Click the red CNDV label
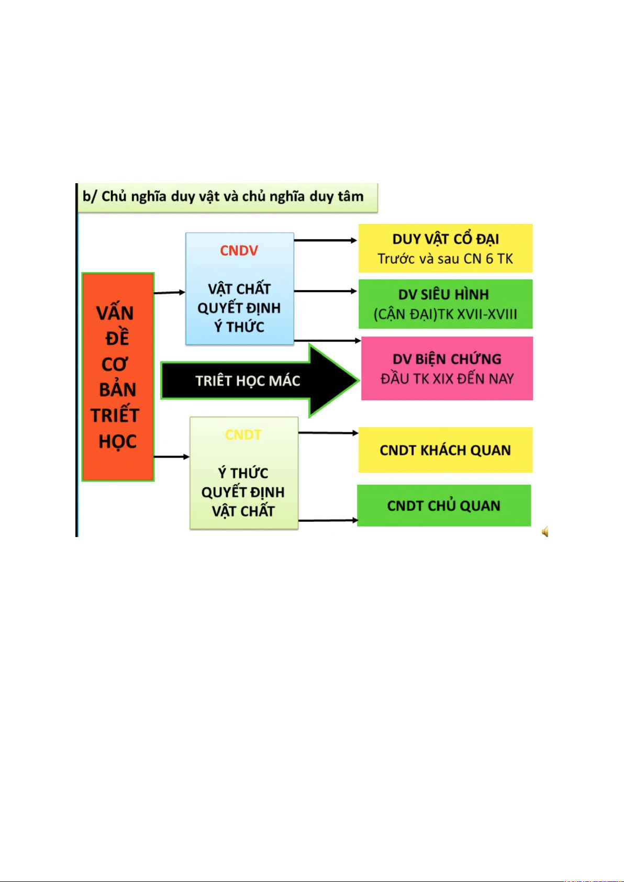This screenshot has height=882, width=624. [239, 250]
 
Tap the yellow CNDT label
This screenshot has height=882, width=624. [243, 434]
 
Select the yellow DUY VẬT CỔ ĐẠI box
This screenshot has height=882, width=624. [445, 248]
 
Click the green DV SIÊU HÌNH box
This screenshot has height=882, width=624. [445, 304]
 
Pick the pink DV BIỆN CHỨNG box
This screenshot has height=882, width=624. [447, 368]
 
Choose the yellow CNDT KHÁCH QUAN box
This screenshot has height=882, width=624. [445, 450]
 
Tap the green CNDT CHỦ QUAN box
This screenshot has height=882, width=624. [444, 506]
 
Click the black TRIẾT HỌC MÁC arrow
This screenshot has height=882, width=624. [260, 381]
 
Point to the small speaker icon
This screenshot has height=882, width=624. [545, 532]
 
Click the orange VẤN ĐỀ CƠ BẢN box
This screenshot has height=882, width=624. [118, 377]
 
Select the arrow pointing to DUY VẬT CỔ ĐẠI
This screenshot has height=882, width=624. [326, 240]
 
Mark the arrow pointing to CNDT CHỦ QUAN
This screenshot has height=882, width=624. [328, 520]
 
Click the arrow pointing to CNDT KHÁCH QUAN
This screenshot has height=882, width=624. [328, 433]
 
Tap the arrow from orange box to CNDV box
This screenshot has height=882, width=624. [169, 293]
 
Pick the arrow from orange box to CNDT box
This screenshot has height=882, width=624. [172, 457]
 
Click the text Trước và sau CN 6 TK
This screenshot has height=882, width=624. [445, 259]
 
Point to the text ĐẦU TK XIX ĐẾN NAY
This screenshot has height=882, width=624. [447, 379]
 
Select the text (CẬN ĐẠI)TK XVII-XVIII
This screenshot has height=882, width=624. [445, 314]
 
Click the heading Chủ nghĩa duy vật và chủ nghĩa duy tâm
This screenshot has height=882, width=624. [232, 196]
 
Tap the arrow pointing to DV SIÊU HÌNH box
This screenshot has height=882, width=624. [326, 292]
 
